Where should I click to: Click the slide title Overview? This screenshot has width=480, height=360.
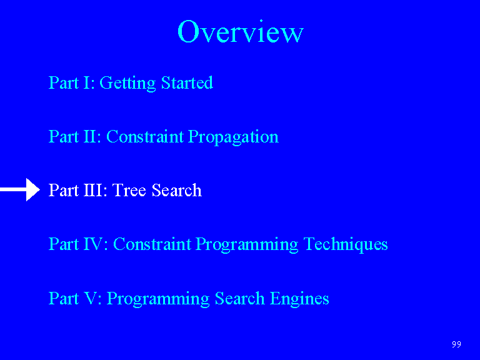click(240, 31)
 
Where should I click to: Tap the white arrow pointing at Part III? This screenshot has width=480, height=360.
click(20, 189)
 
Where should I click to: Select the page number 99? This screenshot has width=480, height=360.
click(456, 344)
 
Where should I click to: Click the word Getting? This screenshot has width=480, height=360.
click(127, 83)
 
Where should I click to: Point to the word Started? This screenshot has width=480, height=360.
click(187, 82)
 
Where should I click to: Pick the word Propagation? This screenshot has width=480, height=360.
click(233, 137)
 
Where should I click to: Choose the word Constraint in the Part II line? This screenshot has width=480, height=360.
click(145, 136)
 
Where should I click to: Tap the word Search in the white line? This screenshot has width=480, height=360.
click(177, 190)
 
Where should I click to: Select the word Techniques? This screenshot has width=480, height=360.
click(346, 244)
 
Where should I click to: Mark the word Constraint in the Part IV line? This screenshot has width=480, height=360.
click(152, 244)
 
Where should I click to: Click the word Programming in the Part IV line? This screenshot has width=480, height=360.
click(247, 245)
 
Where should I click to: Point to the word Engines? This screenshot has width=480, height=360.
click(299, 299)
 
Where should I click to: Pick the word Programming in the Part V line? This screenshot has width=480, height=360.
click(158, 299)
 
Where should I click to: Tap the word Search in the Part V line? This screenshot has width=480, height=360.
click(240, 298)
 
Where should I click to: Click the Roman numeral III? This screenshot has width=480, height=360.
click(92, 190)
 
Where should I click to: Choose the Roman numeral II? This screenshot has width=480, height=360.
click(89, 136)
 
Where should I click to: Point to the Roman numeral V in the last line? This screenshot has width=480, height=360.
click(90, 298)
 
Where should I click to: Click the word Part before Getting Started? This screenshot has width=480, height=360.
click(64, 82)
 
